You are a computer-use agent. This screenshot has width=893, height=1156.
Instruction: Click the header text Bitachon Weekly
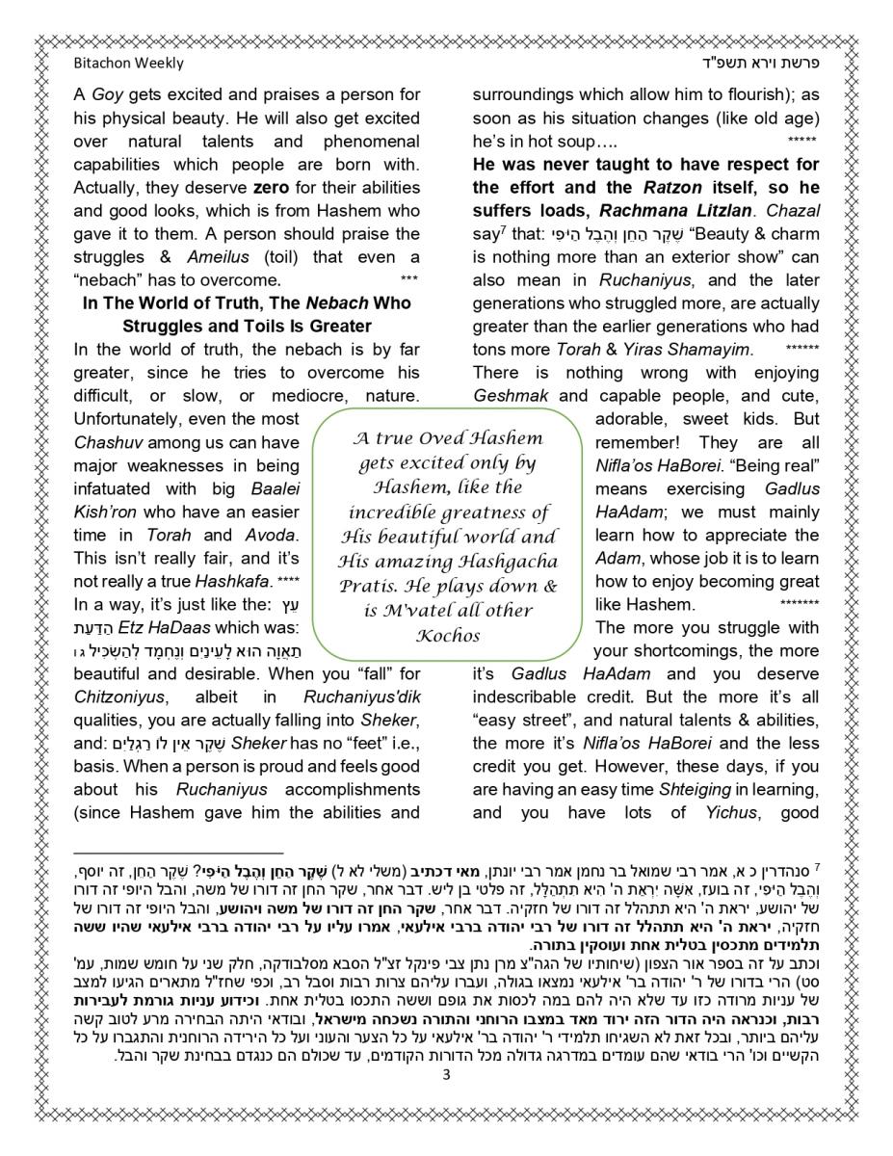tap(128, 64)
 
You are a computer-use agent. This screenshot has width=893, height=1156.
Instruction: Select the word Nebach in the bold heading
tap(319, 302)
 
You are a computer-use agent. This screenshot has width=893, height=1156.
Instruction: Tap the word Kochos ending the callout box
tap(448, 635)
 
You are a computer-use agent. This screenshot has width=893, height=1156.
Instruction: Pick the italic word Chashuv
tap(107, 442)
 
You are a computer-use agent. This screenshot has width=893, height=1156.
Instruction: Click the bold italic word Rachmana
tap(646, 210)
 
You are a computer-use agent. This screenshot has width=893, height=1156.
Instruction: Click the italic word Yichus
tap(722, 812)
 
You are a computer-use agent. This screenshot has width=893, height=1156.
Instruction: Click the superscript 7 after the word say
tap(505, 229)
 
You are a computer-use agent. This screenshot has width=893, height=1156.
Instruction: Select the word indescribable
tap(534, 696)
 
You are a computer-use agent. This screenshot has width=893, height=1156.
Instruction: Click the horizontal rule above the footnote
tap(178, 853)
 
